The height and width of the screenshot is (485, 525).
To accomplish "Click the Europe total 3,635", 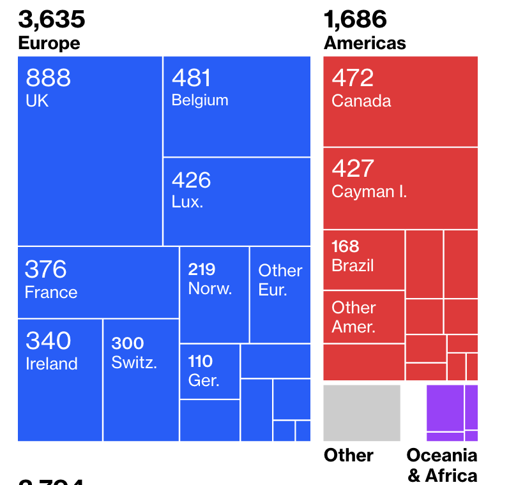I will [x=52, y=19].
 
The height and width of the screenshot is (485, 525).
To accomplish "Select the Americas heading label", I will [x=365, y=43].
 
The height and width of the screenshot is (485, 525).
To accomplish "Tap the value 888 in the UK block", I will [x=49, y=78].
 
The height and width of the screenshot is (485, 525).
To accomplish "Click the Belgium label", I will [x=200, y=100].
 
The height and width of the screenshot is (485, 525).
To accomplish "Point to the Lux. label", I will [x=187, y=202].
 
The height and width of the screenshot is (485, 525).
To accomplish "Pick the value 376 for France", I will [x=45, y=269].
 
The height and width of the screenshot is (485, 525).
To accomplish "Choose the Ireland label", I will [x=52, y=364].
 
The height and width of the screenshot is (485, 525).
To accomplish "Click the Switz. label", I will [x=134, y=362].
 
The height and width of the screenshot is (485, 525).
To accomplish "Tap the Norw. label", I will [x=210, y=288].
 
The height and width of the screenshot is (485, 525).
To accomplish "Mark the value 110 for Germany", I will [x=201, y=362].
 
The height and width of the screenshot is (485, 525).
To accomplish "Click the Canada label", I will [x=361, y=101].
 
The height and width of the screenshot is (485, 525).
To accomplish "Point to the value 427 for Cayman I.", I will [x=353, y=168].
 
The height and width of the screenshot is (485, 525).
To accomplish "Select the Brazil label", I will [x=353, y=265].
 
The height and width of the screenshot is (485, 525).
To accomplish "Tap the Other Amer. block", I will [x=363, y=317].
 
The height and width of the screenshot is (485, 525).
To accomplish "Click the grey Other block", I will [x=361, y=413].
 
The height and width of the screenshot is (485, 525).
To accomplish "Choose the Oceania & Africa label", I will [x=442, y=465].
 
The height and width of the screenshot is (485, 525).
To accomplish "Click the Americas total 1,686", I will [x=355, y=19].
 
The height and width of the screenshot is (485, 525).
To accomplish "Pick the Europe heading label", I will [x=49, y=43].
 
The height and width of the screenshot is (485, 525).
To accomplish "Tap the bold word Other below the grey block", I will [x=349, y=455].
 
